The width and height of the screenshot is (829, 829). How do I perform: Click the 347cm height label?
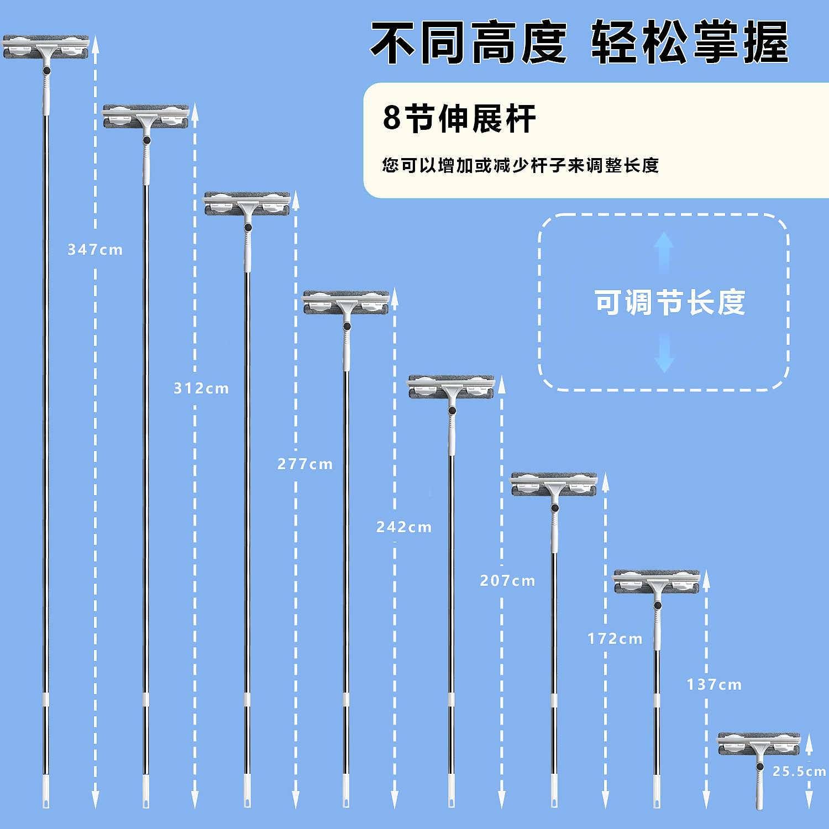tap(95, 250)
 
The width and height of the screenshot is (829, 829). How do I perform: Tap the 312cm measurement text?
tap(201, 389)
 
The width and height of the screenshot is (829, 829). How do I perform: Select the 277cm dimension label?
tap(305, 464)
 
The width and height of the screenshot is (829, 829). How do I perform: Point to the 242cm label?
tap(404, 527)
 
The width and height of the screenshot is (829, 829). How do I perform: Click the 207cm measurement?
tap(507, 581)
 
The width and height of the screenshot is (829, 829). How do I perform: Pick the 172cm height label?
tap(615, 639)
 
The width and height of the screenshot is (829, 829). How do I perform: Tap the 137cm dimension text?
tap(714, 685)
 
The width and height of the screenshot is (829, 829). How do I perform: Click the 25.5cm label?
tap(799, 771)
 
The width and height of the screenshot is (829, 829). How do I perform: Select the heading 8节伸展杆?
tap(459, 118)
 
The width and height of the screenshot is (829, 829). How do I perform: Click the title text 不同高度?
tap(469, 43)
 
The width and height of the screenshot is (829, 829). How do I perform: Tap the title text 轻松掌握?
tap(690, 43)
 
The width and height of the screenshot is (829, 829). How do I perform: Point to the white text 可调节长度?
tap(670, 302)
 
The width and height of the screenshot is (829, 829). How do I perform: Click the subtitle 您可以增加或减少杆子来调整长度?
tap(520, 165)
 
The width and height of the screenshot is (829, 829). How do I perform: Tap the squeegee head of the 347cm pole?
tap(46, 48)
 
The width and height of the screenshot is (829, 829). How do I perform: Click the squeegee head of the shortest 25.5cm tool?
tap(759, 744)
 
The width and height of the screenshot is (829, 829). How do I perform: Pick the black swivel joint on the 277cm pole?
tap(248, 227)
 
